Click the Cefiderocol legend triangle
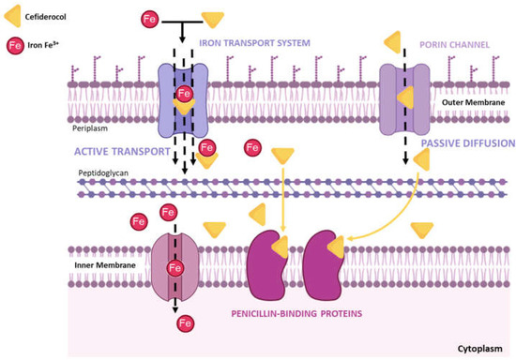[17, 12]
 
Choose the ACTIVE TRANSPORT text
[123, 150]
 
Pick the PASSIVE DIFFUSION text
[466, 143]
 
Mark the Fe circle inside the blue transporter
[185, 94]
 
